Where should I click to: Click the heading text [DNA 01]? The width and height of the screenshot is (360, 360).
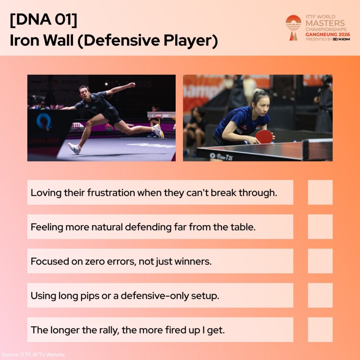tap(44, 20)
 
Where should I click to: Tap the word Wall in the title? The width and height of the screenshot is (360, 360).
tap(58, 40)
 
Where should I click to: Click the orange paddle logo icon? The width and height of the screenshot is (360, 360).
tap(293, 28)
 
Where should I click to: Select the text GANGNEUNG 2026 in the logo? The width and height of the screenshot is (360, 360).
tap(328, 35)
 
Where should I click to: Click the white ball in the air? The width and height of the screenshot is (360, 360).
tap(106, 84)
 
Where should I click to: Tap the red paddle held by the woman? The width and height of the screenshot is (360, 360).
tap(264, 137)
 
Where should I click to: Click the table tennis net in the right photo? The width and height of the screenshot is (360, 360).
tap(318, 149)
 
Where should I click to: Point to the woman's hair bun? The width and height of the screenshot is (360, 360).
tap(256, 91)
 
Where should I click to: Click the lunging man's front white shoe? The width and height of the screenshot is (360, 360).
tap(74, 148)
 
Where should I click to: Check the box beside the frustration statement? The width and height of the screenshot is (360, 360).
tap(320, 192)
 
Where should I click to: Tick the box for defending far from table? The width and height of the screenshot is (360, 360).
tap(320, 226)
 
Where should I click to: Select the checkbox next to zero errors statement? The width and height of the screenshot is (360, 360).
tap(320, 261)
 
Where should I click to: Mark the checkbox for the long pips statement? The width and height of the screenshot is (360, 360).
tap(320, 295)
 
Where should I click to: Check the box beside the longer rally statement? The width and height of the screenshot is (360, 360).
tap(320, 330)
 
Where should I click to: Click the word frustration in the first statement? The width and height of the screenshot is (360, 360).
tap(111, 192)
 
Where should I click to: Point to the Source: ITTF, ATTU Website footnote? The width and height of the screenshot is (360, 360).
tap(33, 355)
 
